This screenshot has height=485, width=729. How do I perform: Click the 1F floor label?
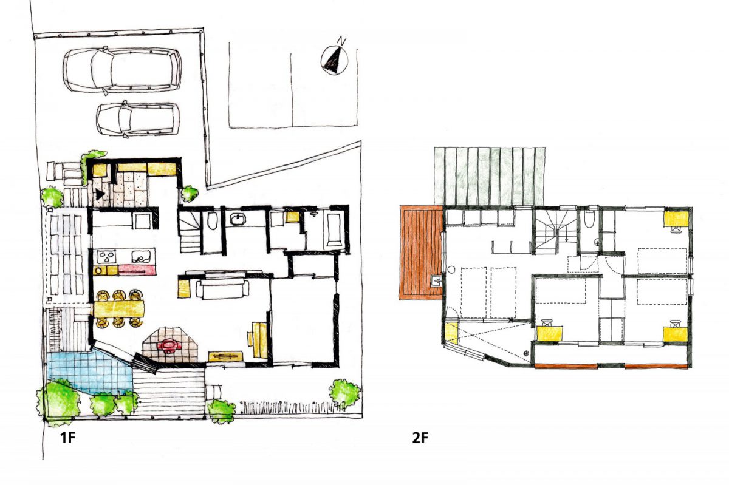67,438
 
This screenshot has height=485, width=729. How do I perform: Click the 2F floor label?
420,438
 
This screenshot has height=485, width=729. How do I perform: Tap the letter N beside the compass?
341,41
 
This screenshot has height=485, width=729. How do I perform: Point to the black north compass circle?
334,61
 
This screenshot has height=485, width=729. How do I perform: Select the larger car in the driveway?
122,70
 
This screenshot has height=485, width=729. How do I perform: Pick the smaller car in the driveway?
138,119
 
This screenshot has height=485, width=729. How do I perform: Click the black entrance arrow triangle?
100,194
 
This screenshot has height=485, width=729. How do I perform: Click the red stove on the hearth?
169,344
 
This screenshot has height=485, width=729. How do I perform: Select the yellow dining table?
119,308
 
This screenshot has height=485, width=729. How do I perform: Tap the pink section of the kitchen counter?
137,270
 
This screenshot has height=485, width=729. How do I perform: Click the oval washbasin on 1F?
239,219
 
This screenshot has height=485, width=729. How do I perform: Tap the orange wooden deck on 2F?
420,252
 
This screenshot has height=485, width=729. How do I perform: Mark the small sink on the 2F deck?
437,280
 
